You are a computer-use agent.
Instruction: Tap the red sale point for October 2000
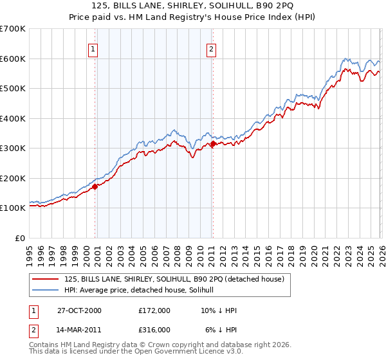[x=95, y=186]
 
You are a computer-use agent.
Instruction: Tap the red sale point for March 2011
[x=213, y=144]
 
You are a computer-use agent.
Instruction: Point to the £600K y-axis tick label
[x=13, y=59]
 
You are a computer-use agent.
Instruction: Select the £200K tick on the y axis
[x=13, y=178]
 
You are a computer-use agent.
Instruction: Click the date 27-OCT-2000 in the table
[x=79, y=310]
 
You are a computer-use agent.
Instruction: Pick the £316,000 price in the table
[x=154, y=330]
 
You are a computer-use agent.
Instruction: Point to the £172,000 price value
[x=154, y=310]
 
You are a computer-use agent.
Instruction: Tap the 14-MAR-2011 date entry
[x=80, y=330]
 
